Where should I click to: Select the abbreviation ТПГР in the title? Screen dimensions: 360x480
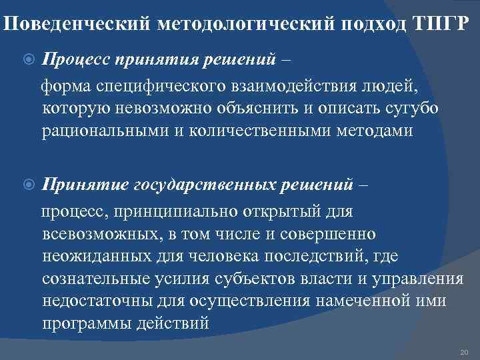coord(445,25)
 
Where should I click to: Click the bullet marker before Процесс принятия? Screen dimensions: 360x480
coord(28,61)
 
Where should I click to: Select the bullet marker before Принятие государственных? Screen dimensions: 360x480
coord(28,185)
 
